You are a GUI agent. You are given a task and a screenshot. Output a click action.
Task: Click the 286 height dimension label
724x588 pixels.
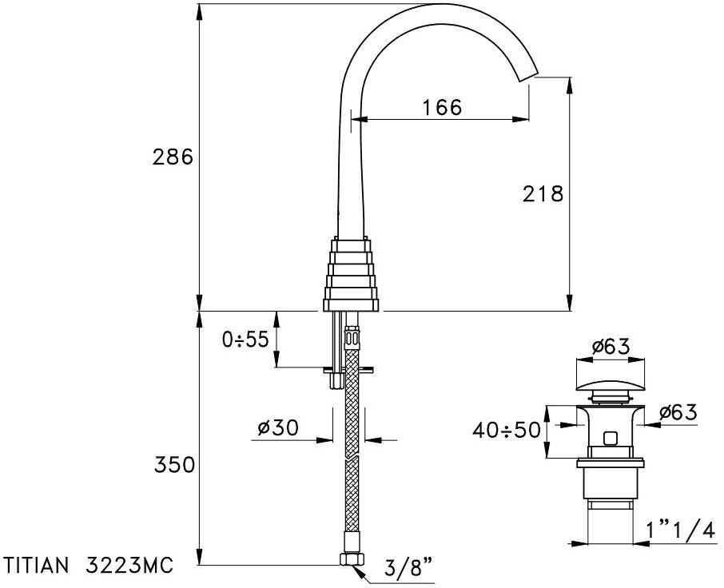(x=173, y=158)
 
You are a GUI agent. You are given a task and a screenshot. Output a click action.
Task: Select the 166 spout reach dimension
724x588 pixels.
(x=442, y=108)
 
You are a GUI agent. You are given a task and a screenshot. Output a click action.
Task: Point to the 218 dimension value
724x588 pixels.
(x=543, y=194)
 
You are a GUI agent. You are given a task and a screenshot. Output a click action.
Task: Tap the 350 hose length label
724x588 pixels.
(x=174, y=465)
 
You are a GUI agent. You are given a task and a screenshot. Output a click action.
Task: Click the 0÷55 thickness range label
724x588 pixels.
(x=245, y=340)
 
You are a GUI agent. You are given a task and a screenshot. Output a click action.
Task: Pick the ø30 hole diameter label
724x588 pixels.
(x=278, y=428)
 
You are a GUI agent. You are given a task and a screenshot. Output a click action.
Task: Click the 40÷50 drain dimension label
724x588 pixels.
(x=506, y=431)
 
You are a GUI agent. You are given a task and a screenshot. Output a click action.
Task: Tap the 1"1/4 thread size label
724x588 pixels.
(x=682, y=530)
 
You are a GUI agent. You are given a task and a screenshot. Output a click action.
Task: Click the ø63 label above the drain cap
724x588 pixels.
(x=611, y=346)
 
